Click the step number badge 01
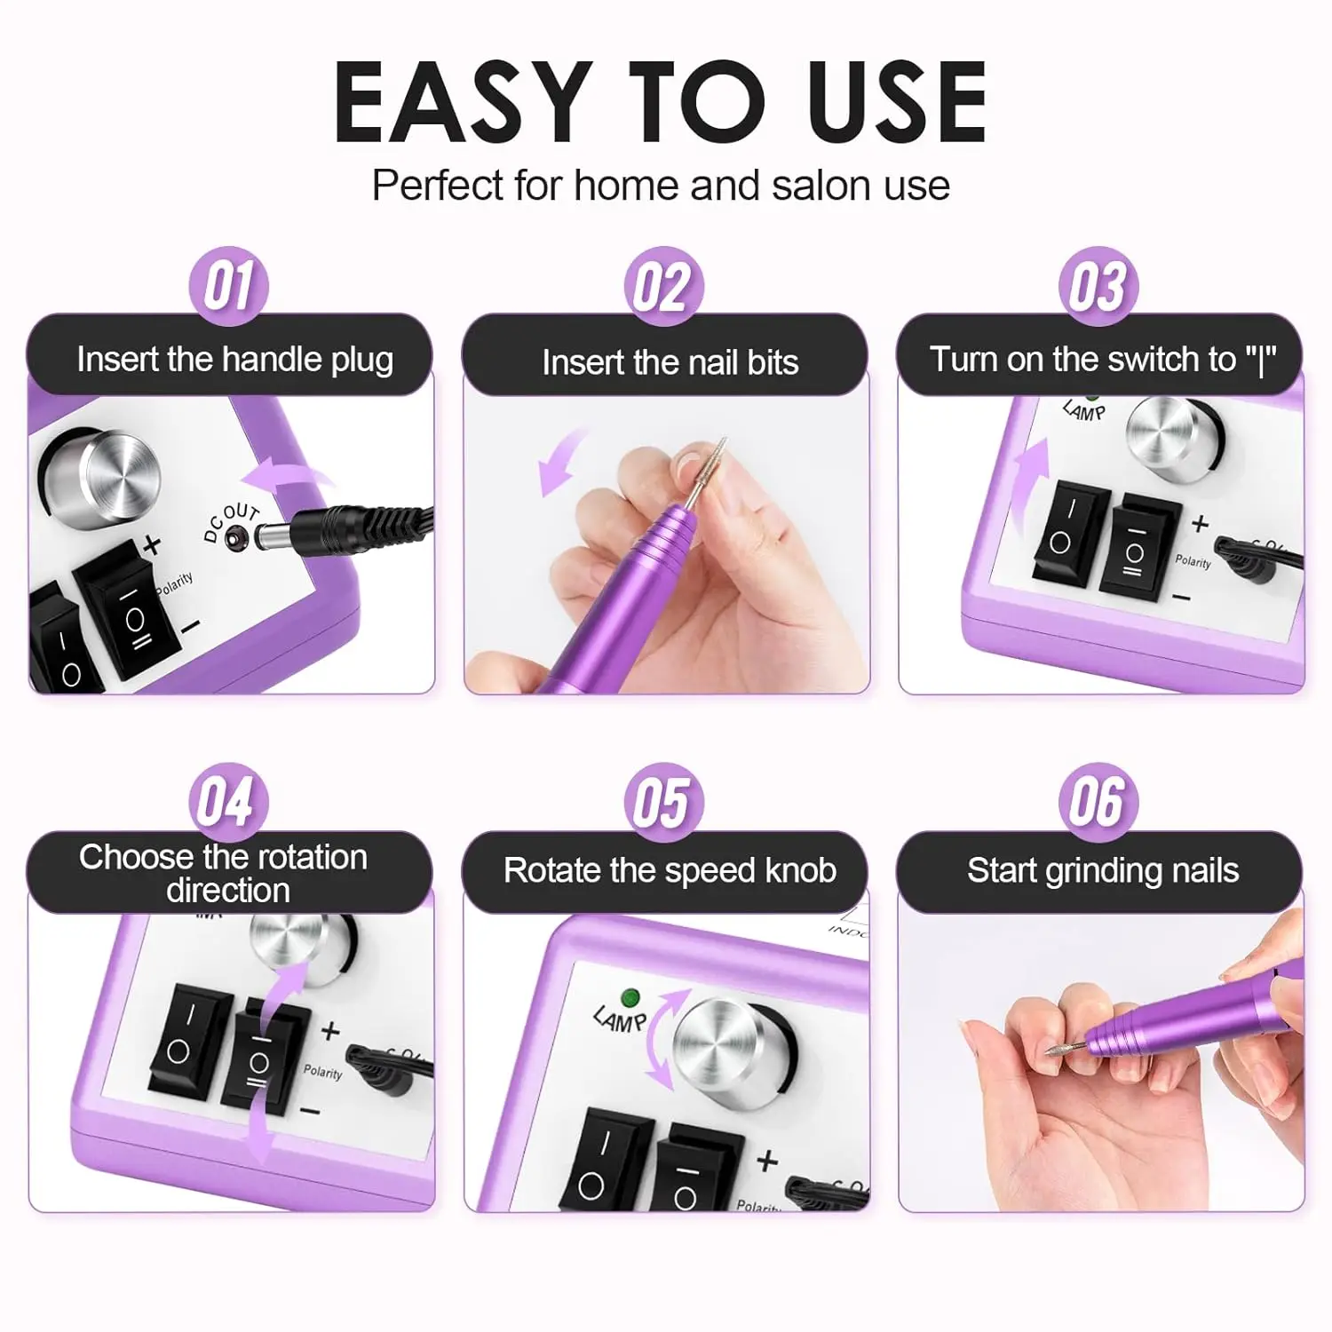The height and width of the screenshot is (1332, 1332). click(228, 286)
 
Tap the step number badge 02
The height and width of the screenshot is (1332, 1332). click(663, 286)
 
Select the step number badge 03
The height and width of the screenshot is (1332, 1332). click(1098, 286)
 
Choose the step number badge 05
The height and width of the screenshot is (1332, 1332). click(663, 802)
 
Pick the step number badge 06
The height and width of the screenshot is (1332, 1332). click(1098, 802)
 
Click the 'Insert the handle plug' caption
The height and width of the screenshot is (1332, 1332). click(234, 360)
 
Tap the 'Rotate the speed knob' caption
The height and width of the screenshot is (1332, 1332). click(670, 870)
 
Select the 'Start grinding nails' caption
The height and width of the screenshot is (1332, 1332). click(1102, 870)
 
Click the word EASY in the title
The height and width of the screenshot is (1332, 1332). click(463, 103)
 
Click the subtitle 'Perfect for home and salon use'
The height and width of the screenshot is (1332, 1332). click(661, 186)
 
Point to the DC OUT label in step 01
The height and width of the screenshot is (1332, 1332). click(229, 521)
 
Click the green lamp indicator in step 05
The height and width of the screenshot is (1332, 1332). click(630, 997)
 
